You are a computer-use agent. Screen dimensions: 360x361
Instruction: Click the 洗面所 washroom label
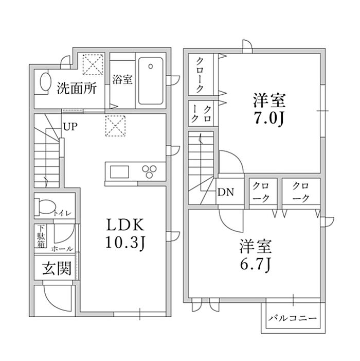(x=77, y=88)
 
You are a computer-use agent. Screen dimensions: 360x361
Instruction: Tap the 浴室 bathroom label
(x=122, y=79)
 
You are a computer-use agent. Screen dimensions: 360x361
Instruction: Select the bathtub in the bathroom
(x=151, y=81)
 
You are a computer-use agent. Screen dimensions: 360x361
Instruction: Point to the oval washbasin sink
(x=45, y=82)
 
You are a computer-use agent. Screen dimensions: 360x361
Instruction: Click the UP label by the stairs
(x=70, y=127)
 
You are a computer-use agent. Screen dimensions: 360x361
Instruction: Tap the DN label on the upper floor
(x=226, y=192)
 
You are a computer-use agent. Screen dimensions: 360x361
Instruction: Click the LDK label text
(x=125, y=225)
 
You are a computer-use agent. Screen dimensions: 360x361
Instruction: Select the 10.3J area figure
(x=125, y=243)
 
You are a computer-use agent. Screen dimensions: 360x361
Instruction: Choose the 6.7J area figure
(x=256, y=265)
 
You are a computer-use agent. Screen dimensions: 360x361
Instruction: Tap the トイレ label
(x=63, y=213)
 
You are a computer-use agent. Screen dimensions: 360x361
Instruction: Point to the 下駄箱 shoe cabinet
(x=41, y=236)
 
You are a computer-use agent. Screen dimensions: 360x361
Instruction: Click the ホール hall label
(x=62, y=249)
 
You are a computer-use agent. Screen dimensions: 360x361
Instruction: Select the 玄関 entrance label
(x=57, y=268)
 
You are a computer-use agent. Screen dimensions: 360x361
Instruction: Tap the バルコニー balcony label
(x=293, y=318)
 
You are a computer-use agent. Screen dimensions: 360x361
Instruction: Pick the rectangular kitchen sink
(x=119, y=172)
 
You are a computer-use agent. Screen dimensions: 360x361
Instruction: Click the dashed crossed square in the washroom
(x=93, y=64)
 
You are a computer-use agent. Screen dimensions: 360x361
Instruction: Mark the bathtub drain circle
(x=151, y=66)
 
